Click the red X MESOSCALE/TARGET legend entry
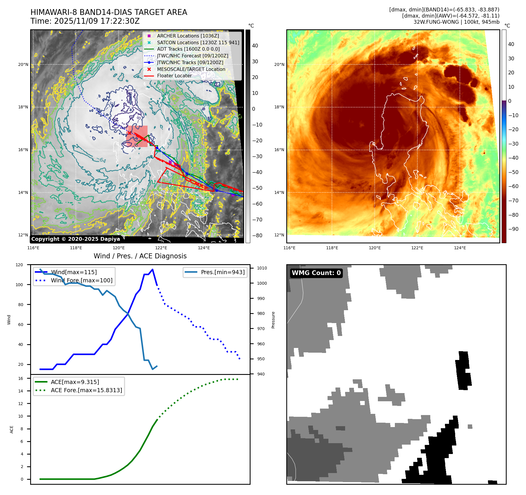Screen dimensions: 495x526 point(191,69)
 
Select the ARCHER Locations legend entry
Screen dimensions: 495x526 point(188,36)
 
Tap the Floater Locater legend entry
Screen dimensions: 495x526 point(174,76)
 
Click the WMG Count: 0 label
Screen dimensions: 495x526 point(316,273)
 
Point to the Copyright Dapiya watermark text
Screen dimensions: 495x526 point(76,239)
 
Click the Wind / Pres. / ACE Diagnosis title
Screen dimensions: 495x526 point(140,256)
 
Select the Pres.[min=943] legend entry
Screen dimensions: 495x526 point(222,272)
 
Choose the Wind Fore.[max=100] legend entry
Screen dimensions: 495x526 point(81,280)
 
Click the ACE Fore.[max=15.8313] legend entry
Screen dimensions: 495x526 point(86,390)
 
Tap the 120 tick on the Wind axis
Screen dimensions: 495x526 point(19,265)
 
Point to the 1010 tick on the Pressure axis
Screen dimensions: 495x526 point(262,268)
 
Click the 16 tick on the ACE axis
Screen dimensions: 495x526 point(20,378)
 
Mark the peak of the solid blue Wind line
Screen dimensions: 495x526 point(153,269)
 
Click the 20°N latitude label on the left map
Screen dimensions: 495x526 point(23,64)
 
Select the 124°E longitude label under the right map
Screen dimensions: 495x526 point(460,248)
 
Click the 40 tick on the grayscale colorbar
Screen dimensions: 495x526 point(255,46)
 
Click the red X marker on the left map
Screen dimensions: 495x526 point(129,133)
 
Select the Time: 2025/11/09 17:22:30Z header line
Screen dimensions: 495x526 point(85,21)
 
